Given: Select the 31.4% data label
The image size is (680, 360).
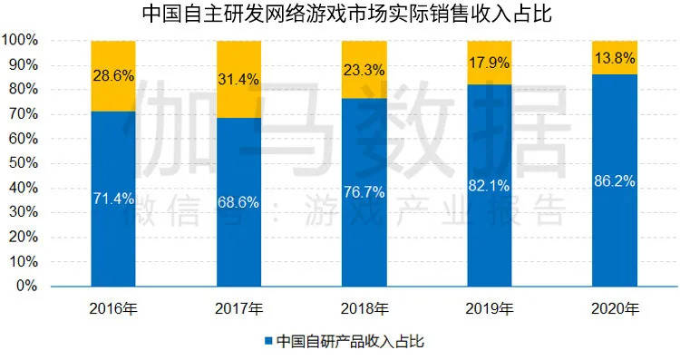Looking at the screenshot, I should click(x=238, y=80).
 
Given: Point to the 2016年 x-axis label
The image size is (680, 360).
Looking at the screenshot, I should click(x=113, y=307).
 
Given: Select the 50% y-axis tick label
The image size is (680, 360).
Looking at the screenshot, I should click(x=24, y=163).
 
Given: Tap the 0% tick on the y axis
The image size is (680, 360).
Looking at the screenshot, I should click(x=27, y=286).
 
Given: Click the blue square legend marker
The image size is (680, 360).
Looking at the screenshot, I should click(x=268, y=342).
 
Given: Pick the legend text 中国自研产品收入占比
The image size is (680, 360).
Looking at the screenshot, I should click(x=350, y=342).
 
